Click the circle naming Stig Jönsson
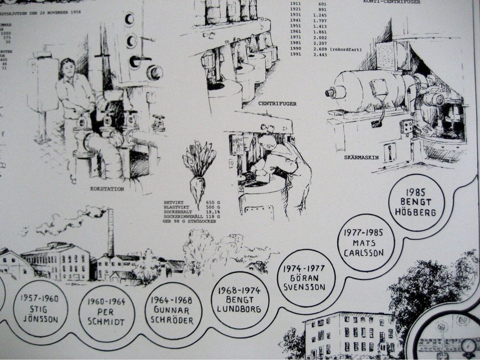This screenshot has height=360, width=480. pyautogui.click(x=40, y=308)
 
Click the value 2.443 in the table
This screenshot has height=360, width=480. pyautogui.click(x=319, y=55)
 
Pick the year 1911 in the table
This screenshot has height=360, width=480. pyautogui.click(x=296, y=4)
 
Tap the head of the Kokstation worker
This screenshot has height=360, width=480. pyautogui.click(x=68, y=68)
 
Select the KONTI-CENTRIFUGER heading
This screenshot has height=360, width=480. pyautogui.click(x=391, y=2)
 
